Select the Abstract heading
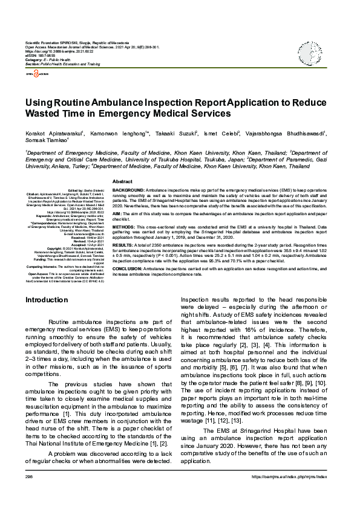pyautogui.click(x=123, y=181)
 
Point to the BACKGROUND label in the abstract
pyautogui.click(x=128, y=190)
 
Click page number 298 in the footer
pyautogui.click(x=29, y=493)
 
